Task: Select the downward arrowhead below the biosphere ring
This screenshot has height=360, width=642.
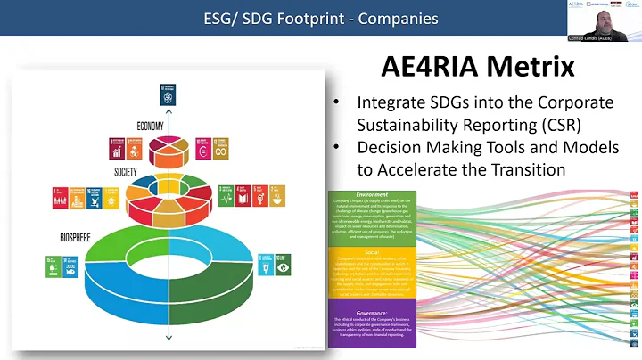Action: pyautogui.click(x=169, y=339)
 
